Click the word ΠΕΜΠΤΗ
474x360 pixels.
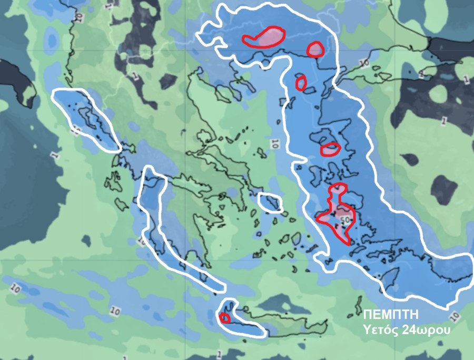click(x=391, y=315)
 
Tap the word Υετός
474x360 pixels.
click(x=379, y=330)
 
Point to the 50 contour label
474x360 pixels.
click(x=345, y=219)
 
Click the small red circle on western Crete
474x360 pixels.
click(x=224, y=318)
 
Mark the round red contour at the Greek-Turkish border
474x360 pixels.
click(x=315, y=50)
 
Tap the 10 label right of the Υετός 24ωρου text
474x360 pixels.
click(x=454, y=317)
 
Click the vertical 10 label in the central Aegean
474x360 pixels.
click(x=275, y=144)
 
